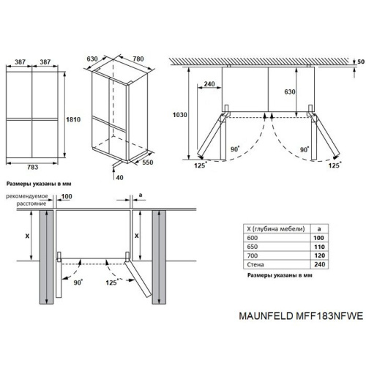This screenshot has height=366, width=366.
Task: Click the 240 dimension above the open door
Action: coord(210,83)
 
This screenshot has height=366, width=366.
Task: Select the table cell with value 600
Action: coord(254,239)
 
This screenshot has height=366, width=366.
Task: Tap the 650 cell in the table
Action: coord(254,249)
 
